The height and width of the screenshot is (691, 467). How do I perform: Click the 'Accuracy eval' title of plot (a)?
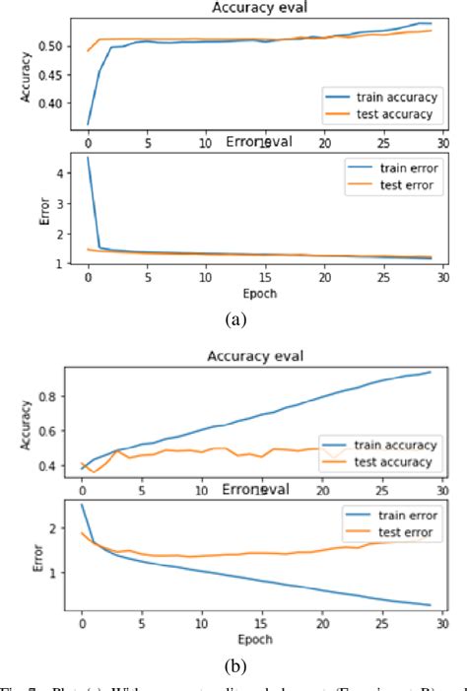[x=260, y=9]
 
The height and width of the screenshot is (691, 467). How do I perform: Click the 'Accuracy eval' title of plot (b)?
[x=260, y=357]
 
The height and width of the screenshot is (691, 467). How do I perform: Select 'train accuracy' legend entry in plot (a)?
[x=392, y=97]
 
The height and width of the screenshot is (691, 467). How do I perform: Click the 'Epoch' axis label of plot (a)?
[x=260, y=294]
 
